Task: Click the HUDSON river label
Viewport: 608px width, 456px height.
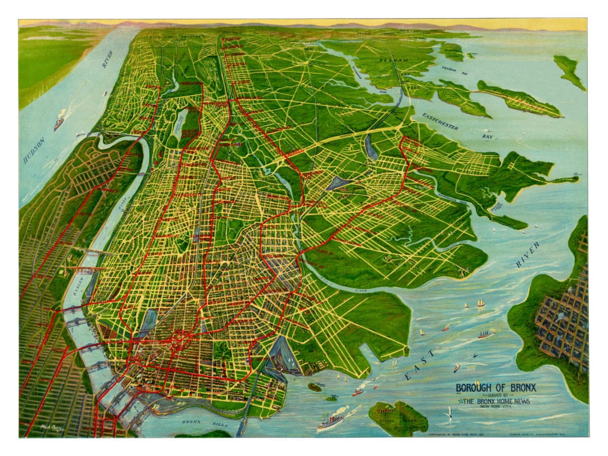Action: [x=34, y=150]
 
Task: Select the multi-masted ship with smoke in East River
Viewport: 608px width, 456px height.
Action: [x=486, y=334]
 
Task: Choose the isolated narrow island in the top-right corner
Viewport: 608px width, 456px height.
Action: [x=569, y=71]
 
